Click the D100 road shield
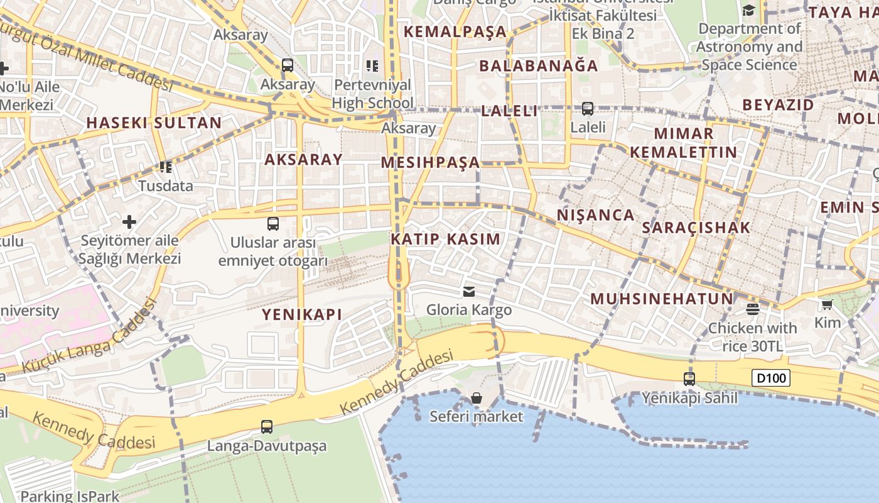coord(770,378)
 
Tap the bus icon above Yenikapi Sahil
coord(689,379)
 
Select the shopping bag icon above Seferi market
coord(477,398)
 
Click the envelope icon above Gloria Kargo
coord(469,291)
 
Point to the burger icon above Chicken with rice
coord(752,309)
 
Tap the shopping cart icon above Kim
coord(827,305)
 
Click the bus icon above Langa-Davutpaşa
coord(267,427)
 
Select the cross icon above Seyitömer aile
coord(129,221)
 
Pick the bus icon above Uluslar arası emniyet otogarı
coord(273,223)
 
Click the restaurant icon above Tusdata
coord(166,167)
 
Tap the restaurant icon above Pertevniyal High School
coord(372,65)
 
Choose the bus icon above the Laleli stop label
coord(588,108)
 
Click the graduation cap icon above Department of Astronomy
coord(748,10)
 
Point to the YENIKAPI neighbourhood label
coord(302,314)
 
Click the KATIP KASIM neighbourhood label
coord(446,239)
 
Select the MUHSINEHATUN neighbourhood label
coord(662,299)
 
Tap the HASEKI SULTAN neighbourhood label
coord(154,123)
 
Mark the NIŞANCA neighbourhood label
coord(596,215)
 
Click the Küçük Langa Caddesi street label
coord(90,336)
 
